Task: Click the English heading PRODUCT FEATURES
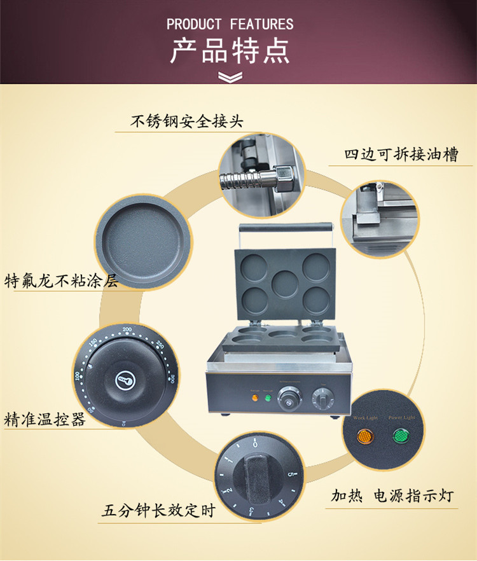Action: [230, 25]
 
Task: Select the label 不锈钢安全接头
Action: [186, 121]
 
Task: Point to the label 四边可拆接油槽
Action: [401, 155]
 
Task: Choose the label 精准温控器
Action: [45, 420]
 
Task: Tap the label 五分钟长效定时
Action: [159, 511]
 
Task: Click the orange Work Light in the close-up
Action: [365, 437]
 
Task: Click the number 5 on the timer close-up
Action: [290, 474]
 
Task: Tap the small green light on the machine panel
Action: [268, 399]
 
